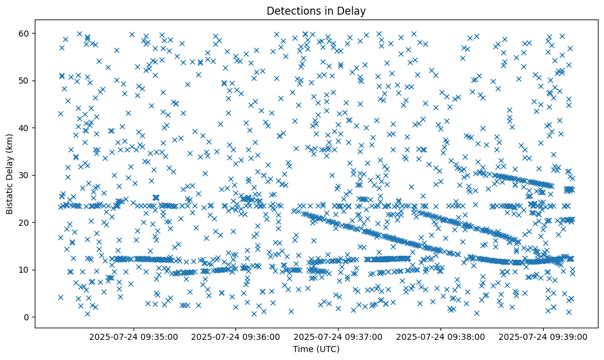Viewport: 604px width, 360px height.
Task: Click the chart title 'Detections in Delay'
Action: click(317, 10)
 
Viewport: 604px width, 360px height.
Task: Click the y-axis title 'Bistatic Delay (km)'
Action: click(10, 175)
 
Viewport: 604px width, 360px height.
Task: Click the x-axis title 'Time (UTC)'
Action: click(317, 350)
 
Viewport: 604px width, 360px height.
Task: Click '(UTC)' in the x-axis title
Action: click(328, 350)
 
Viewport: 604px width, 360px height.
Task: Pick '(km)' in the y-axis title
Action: click(10, 144)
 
